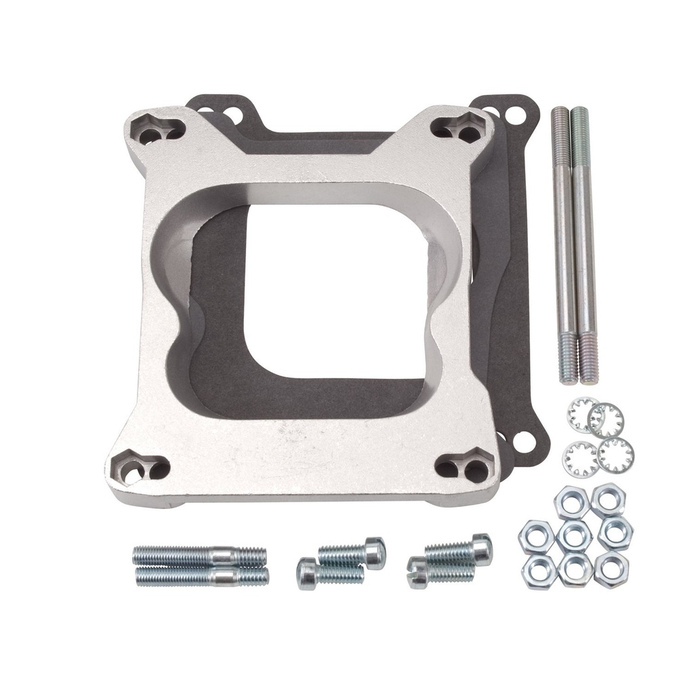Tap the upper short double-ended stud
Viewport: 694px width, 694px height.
[x=199, y=556]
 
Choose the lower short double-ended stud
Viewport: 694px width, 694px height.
[x=202, y=577]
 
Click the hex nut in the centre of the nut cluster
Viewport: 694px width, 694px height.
[x=574, y=535]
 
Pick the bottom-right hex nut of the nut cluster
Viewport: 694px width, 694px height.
[x=611, y=569]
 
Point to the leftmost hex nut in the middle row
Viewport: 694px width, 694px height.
[x=536, y=537]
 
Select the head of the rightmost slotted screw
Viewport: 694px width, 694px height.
[x=481, y=548]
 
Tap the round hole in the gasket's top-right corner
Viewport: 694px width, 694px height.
[x=515, y=115]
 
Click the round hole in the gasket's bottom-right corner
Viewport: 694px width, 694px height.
[x=522, y=441]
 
